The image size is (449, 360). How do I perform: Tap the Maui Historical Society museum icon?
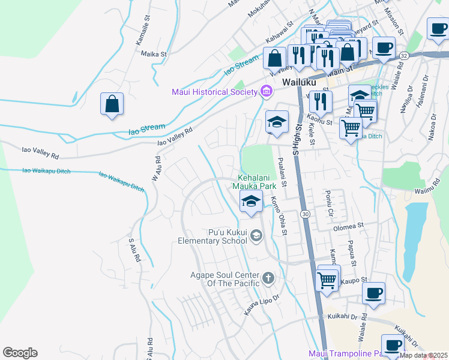[267, 92]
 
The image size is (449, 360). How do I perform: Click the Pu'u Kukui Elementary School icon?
[257, 236]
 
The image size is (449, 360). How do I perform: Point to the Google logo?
[20, 353]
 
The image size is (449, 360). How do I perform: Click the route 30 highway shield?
[306, 214]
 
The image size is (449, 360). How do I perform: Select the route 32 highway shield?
[404, 56]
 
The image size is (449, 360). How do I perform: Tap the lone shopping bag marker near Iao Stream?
[112, 104]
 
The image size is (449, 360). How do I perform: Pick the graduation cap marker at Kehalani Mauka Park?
[252, 201]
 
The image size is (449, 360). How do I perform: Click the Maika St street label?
[153, 54]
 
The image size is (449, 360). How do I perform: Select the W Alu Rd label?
[157, 169]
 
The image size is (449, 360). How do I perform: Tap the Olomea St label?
[349, 226]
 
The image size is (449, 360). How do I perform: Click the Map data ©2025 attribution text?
[423, 355]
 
